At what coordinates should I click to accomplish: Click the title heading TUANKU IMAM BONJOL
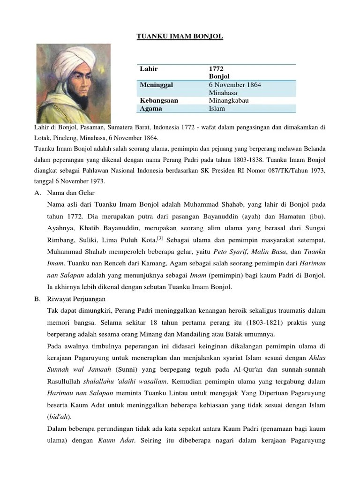pyautogui.click(x=180, y=36)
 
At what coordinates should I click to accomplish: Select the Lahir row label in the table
pyautogui.click(x=149, y=69)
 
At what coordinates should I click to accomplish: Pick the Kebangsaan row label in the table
pyautogui.click(x=159, y=100)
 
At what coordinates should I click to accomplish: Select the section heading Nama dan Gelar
pyautogui.click(x=71, y=193)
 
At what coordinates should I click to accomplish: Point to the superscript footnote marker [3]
pyautogui.click(x=160, y=238)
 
